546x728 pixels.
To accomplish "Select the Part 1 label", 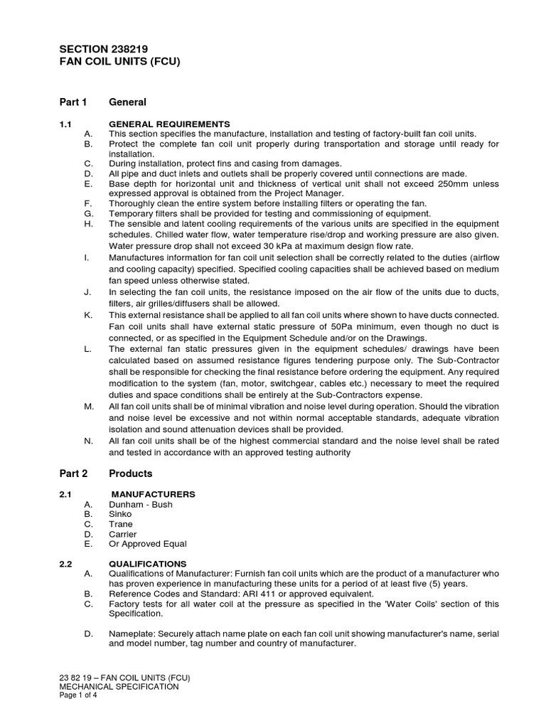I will pos(73,102).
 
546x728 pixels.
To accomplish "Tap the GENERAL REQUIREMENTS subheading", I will pos(168,124).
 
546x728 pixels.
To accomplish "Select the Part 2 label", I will pos(73,473).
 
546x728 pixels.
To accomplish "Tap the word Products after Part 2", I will pos(131,473).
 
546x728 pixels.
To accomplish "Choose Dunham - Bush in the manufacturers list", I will pos(140,504).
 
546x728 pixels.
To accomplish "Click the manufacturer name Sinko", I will pos(120,514).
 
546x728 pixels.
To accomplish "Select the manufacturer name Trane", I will pos(120,524).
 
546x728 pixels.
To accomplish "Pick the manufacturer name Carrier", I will pos(122,534).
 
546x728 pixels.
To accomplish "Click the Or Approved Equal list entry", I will pos(147,544).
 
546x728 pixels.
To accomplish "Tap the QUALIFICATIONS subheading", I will pos(147,564).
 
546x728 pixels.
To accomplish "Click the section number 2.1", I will pos(66,494).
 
